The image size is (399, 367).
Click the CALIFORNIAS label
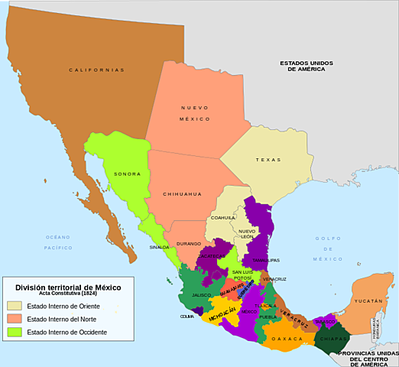pyautogui.click(x=96, y=70)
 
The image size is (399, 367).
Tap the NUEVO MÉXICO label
pyautogui.click(x=194, y=113)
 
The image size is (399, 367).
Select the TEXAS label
pyautogui.click(x=268, y=160)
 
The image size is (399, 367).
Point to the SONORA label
pyautogui.click(x=127, y=174)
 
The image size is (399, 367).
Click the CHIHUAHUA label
pyautogui.click(x=182, y=194)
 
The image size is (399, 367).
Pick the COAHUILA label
pyautogui.click(x=223, y=217)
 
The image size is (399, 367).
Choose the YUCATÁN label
pyautogui.click(x=367, y=301)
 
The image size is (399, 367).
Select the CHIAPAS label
pyautogui.click(x=335, y=336)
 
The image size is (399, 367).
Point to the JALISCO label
pyautogui.click(x=202, y=294)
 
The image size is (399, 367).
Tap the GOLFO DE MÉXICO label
pyautogui.click(x=328, y=248)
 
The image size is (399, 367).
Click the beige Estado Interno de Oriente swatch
pyautogui.click(x=15, y=306)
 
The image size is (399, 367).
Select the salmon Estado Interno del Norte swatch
pyautogui.click(x=15, y=319)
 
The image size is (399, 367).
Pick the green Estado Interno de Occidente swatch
pyautogui.click(x=15, y=332)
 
